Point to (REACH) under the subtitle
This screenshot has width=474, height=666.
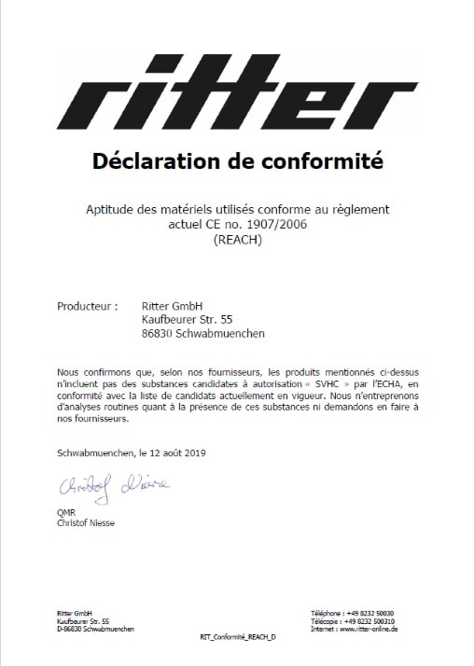[x=238, y=240]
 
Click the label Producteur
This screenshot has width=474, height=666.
[x=87, y=305]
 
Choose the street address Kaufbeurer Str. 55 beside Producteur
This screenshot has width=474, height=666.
[x=187, y=319]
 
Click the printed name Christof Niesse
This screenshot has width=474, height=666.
[x=87, y=522]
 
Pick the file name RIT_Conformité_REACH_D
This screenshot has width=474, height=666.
[x=238, y=636]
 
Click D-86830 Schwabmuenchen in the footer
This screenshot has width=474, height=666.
[x=94, y=629]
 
